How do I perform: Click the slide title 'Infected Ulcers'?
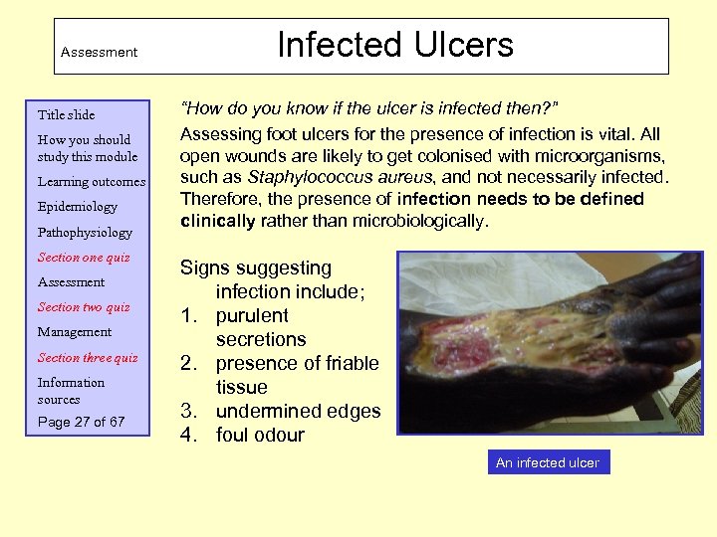395,45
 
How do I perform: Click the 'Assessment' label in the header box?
99,52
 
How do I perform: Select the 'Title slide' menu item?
66,114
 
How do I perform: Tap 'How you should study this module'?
88,148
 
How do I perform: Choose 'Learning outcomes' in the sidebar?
92,182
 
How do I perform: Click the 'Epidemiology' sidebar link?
78,207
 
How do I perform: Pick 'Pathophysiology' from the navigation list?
85,233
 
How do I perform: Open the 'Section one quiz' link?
84,258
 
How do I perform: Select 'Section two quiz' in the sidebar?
84,307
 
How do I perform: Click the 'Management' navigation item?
75,332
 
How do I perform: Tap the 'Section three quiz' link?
88,358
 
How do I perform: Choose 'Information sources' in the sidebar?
71,391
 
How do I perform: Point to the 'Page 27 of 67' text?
82,422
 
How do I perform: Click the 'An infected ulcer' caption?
547,462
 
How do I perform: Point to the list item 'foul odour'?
260,435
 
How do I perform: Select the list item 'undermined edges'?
298,411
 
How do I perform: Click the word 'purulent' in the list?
252,315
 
